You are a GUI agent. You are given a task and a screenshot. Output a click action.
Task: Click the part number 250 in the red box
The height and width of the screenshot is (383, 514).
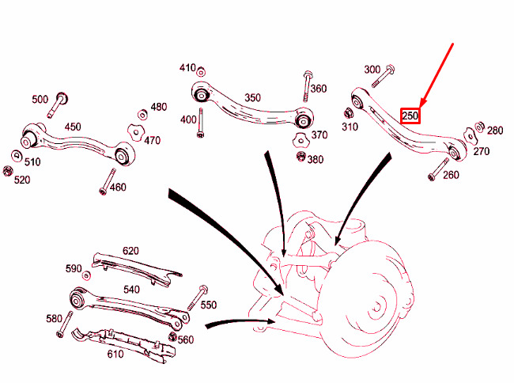point(410,116)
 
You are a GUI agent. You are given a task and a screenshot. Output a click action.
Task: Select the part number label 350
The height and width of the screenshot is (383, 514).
point(252,98)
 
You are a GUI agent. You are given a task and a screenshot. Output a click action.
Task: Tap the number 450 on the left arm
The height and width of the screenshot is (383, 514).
point(72,127)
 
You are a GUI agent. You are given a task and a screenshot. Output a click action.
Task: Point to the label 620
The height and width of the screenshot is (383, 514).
point(130,251)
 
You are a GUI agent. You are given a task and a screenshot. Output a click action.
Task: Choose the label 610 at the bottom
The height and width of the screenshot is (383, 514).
point(115,354)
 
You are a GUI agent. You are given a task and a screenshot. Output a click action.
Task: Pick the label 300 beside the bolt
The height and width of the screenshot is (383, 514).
point(372,70)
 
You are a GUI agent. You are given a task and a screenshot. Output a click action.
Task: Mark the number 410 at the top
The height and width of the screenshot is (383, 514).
point(187,67)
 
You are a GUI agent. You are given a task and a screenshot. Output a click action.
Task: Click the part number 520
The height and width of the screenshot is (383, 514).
point(21,180)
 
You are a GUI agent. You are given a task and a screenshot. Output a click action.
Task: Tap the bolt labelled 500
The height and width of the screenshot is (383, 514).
point(60,103)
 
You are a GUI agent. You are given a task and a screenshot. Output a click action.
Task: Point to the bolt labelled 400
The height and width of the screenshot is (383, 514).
point(202,123)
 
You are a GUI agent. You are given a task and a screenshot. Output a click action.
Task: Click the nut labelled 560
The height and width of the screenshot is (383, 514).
point(172,339)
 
